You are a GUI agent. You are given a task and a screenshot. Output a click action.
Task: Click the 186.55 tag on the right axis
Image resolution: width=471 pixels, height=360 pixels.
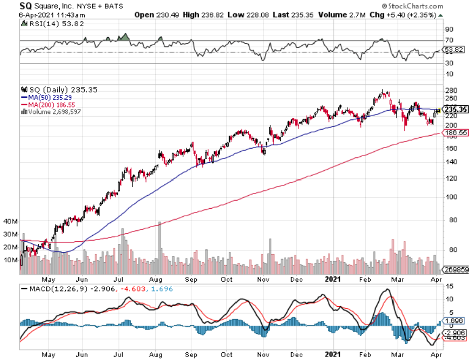456,133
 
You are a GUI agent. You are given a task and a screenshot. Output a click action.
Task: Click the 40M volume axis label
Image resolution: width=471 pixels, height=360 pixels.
11,221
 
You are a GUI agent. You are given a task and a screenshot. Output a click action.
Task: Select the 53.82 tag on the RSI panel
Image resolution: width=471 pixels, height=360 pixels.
455,50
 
